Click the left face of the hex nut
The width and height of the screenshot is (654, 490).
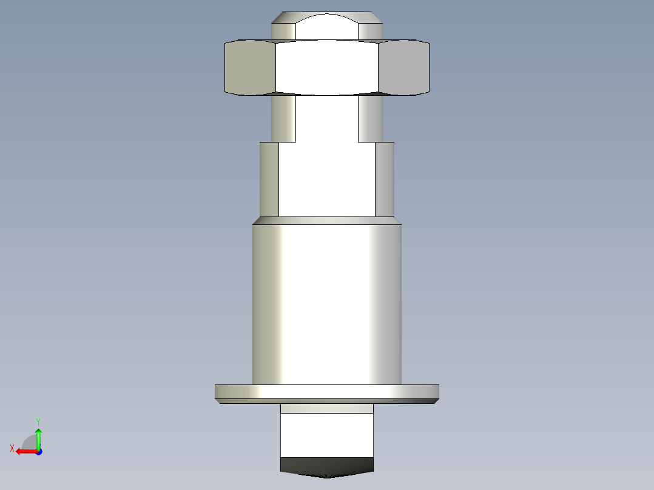pyautogui.click(x=250, y=67)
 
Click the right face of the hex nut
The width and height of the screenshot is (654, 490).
pyautogui.click(x=404, y=67)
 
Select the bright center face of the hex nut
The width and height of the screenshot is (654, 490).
pyautogui.click(x=327, y=67)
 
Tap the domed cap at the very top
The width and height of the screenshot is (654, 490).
pyautogui.click(x=327, y=26)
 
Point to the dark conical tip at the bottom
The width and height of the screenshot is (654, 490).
pyautogui.click(x=327, y=467)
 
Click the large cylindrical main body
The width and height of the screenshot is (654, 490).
pyautogui.click(x=327, y=304)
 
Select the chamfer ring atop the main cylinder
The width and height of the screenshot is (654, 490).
pyautogui.click(x=327, y=221)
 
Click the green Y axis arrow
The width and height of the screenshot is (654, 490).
pyautogui.click(x=38, y=438)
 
